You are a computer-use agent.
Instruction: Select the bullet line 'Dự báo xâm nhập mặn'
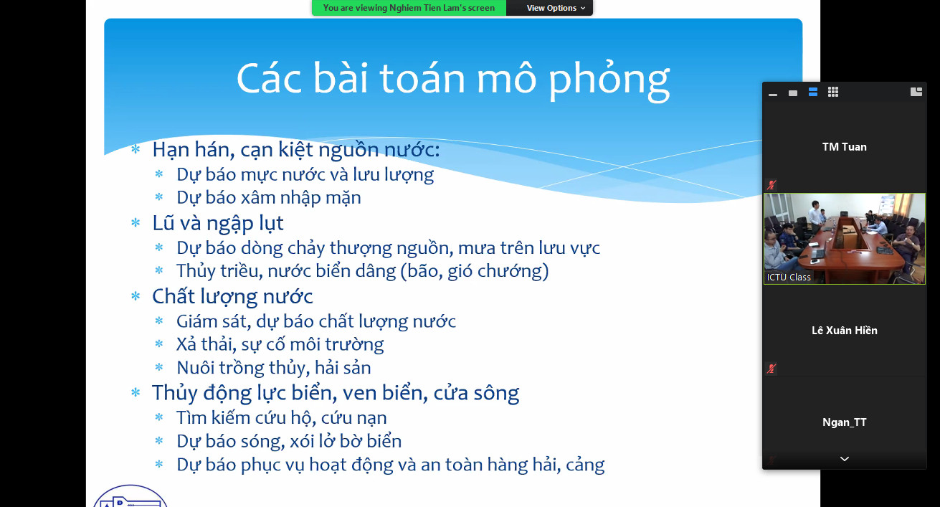point(269,198)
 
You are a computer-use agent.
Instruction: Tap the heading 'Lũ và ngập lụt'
point(218,223)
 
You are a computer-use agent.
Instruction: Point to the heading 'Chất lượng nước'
point(232,297)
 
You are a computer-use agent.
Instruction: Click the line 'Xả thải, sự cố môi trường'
point(280,345)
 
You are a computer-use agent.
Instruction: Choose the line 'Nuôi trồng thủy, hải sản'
point(274,368)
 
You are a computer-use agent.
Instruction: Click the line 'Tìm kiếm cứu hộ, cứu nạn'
point(282,418)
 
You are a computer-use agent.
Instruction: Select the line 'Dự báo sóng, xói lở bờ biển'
point(289,441)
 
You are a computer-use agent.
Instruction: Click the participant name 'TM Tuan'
point(845,147)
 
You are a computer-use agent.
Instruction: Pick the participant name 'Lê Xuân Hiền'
point(845,331)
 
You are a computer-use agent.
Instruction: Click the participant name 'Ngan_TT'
point(845,422)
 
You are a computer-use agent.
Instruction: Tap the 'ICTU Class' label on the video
point(789,278)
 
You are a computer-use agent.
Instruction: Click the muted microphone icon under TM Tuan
point(772,185)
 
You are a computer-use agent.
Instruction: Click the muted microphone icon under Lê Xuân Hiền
point(772,369)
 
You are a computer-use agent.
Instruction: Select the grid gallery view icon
point(833,92)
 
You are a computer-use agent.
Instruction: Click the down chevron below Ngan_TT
point(845,459)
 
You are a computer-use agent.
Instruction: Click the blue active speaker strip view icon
point(813,92)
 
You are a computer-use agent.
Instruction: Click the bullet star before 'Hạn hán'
point(136,149)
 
